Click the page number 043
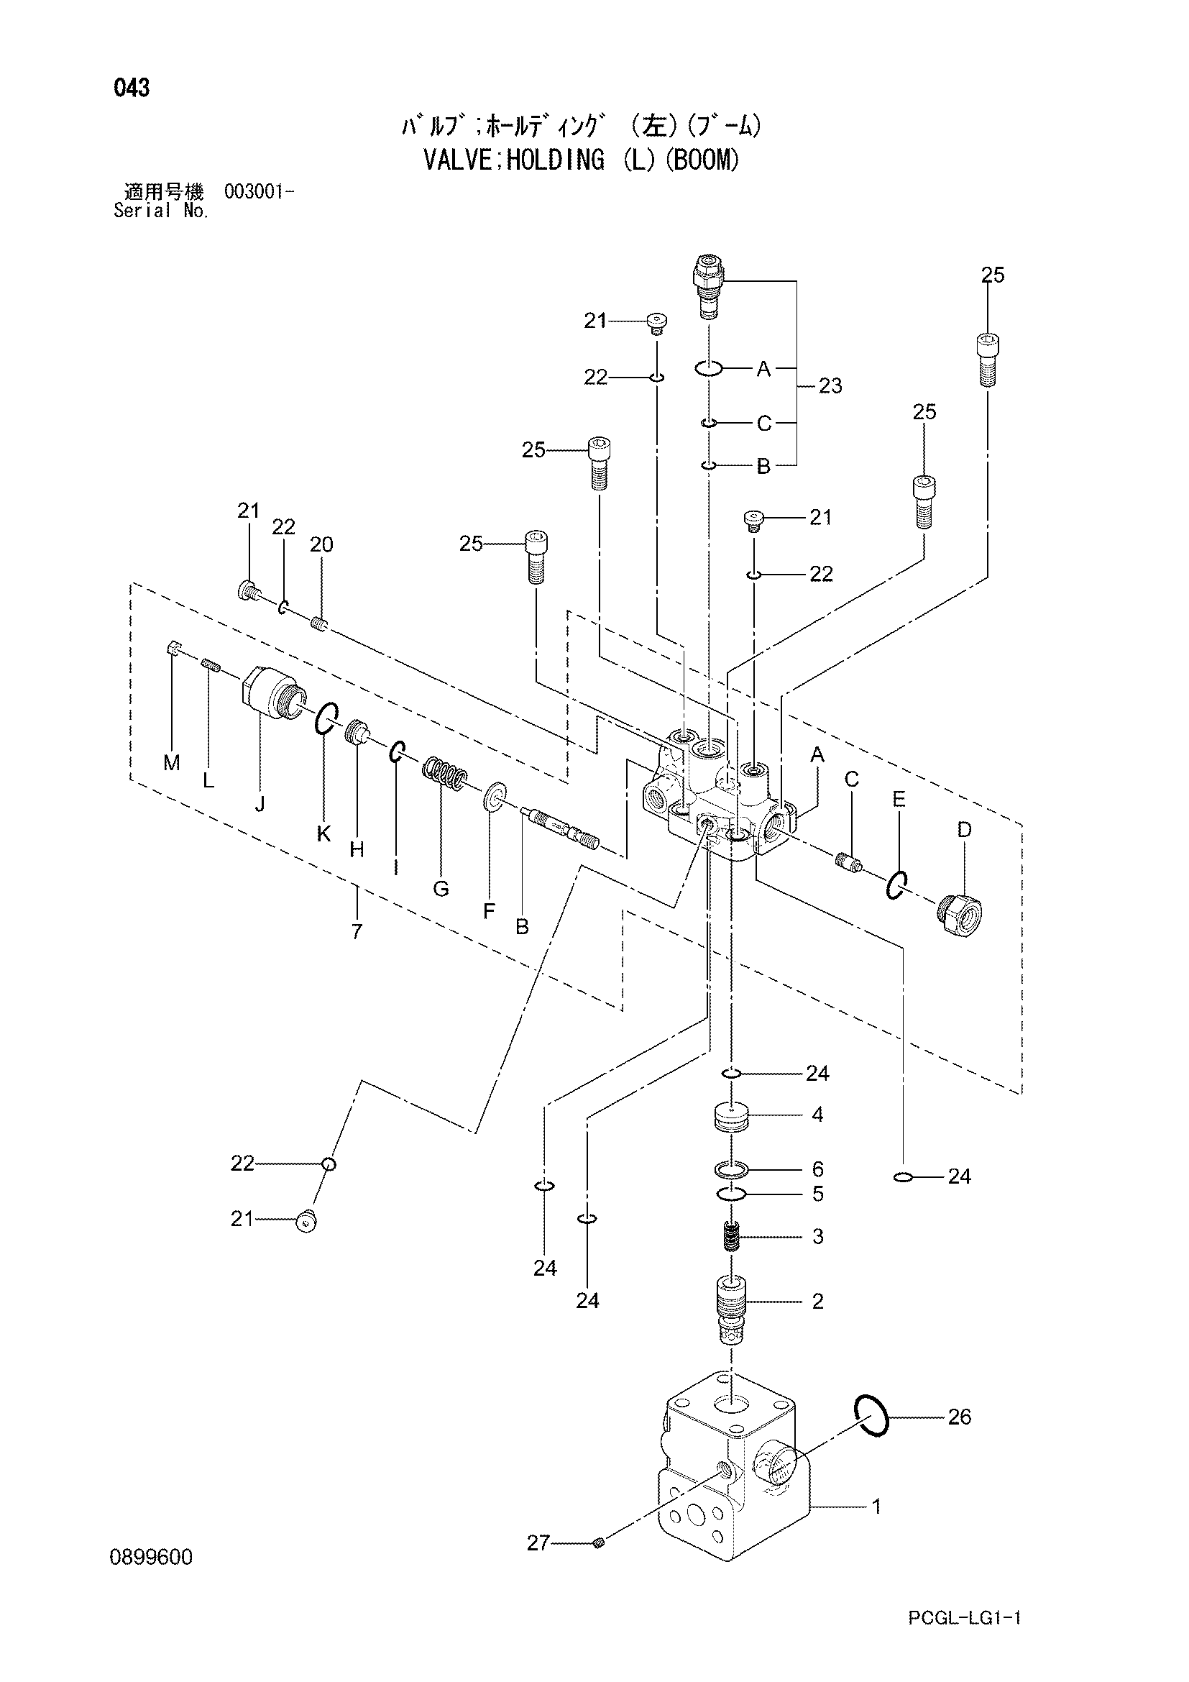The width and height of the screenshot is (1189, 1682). click(x=131, y=88)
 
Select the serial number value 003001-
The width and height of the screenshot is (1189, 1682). click(x=260, y=193)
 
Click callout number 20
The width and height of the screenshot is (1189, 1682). click(x=321, y=544)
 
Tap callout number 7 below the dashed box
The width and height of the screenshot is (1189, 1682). click(x=357, y=933)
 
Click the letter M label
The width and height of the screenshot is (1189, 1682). click(x=172, y=764)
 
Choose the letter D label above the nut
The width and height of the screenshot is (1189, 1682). click(x=964, y=830)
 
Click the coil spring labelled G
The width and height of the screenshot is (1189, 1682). click(x=444, y=775)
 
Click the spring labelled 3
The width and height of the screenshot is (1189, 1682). click(x=731, y=1238)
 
